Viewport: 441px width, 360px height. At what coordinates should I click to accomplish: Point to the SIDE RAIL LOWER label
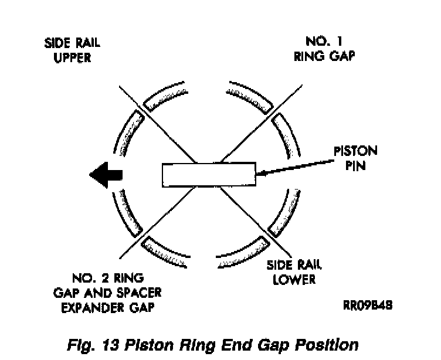291,271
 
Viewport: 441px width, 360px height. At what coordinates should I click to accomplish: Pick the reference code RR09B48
367,305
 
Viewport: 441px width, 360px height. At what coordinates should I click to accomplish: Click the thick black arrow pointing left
106,174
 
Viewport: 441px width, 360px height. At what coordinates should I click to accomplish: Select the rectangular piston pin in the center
208,175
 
